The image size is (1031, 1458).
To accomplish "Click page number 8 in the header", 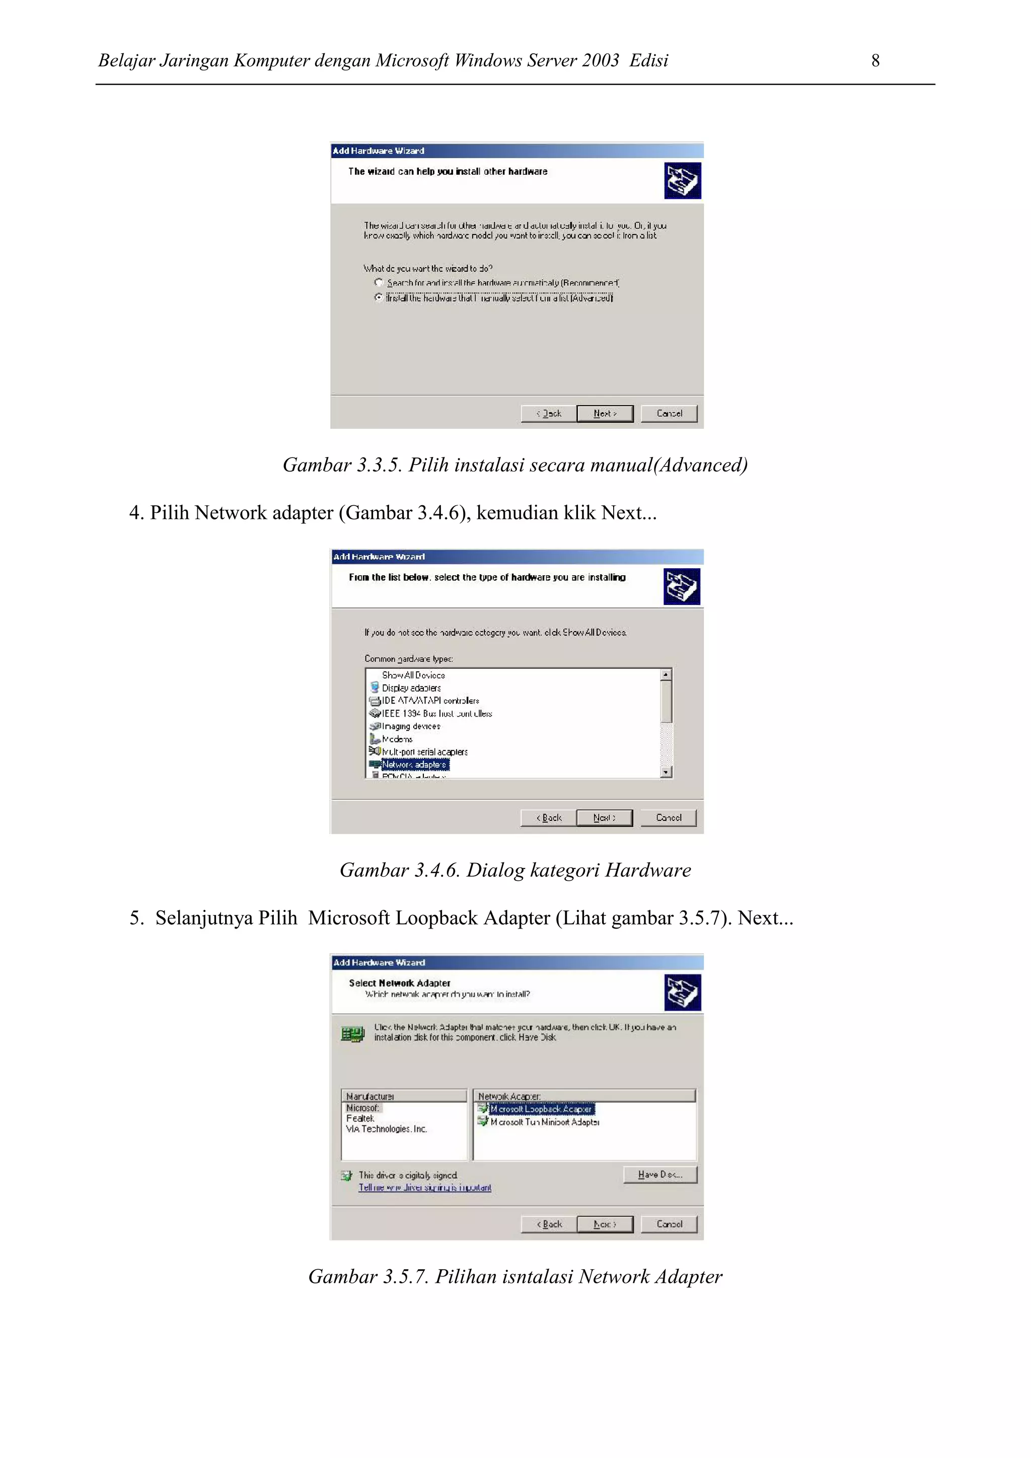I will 875,60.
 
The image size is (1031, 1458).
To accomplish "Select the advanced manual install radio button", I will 379,297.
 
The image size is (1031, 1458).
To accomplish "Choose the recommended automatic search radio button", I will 379,282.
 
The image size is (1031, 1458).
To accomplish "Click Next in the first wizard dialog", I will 604,413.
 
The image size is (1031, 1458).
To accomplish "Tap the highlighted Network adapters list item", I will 414,764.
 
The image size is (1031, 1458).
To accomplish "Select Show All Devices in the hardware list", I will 413,675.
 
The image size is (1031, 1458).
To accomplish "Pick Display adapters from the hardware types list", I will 410,687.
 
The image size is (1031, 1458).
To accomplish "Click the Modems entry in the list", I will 397,739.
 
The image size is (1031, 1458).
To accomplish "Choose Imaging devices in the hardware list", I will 410,726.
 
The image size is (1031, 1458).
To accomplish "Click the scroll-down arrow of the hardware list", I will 666,772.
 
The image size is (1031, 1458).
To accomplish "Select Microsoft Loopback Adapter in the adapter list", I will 541,1109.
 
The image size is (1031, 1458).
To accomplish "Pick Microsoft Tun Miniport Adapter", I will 544,1122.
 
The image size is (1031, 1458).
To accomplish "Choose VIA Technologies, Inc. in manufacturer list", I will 386,1129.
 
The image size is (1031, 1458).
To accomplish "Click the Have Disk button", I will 659,1175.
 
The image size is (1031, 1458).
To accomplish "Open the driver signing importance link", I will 424,1187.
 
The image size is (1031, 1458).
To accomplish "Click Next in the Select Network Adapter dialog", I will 604,1224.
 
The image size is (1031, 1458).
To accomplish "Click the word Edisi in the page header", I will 648,60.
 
